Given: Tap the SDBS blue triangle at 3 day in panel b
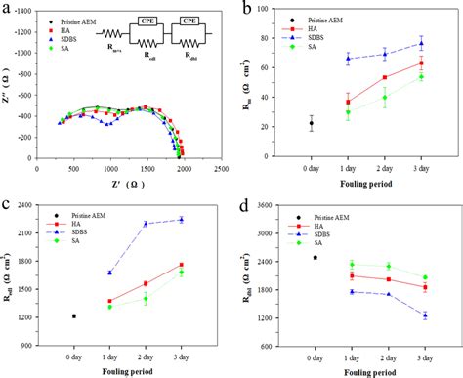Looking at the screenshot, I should click(x=421, y=43).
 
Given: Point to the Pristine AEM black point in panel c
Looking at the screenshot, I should click(x=74, y=316).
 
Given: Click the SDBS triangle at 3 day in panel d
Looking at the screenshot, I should click(x=425, y=315).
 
